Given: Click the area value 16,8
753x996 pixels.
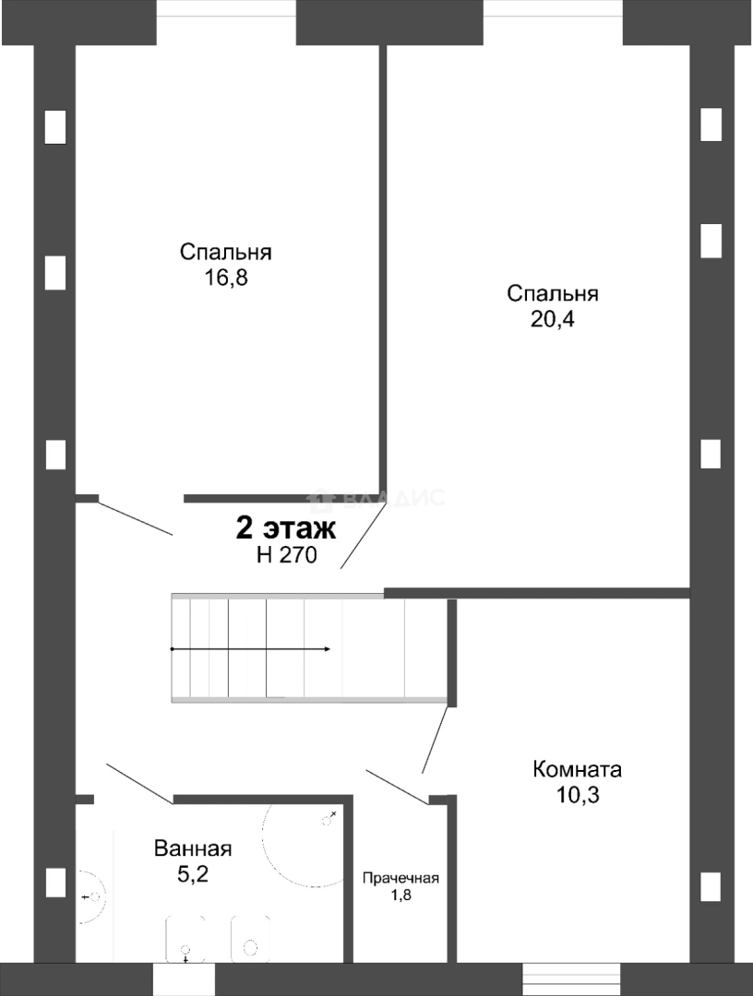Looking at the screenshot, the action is (x=225, y=278).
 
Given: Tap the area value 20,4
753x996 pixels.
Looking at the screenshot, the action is (x=552, y=319).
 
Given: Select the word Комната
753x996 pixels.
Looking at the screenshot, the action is (x=577, y=769).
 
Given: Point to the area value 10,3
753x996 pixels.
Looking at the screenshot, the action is (x=578, y=795).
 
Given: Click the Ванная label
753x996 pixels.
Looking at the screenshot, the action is (x=193, y=848).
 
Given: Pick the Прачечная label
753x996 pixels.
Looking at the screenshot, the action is (x=401, y=879).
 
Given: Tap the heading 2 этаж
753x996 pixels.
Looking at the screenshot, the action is (x=286, y=528).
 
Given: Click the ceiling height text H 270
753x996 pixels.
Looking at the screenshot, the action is (x=287, y=555).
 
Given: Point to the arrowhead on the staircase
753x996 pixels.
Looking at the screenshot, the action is (x=327, y=649).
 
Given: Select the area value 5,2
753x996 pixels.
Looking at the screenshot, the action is (x=193, y=874).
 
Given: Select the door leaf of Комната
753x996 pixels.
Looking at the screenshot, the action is (x=436, y=740).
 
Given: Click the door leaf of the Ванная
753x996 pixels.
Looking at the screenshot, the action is (x=139, y=784).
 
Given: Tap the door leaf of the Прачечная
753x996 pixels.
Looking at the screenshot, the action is (x=398, y=787).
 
